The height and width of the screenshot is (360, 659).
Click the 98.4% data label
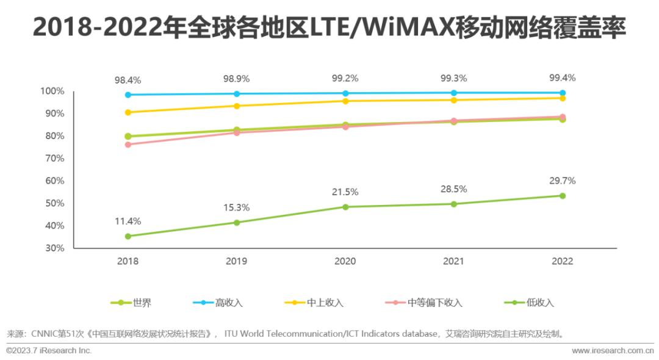(128, 80)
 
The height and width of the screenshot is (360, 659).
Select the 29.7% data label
(562, 181)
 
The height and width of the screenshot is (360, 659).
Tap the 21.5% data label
(345, 192)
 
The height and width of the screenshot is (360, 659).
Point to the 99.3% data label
(453, 78)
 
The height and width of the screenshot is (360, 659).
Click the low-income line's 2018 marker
(128, 236)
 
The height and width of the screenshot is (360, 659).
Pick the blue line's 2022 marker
(562, 93)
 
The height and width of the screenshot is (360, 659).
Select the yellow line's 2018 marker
(128, 112)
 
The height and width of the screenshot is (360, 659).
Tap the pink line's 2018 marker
(128, 145)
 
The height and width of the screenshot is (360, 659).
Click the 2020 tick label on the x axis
(345, 261)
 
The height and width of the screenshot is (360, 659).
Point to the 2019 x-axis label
(237, 261)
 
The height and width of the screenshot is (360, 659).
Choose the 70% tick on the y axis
(52, 159)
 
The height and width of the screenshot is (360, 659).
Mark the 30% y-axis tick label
(52, 248)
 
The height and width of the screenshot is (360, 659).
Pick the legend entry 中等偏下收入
(434, 303)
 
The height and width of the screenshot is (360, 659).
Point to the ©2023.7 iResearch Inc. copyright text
(49, 351)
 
